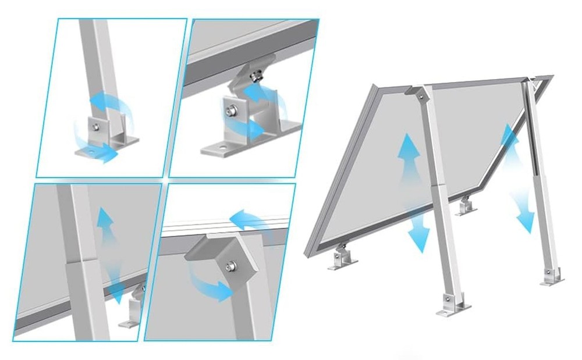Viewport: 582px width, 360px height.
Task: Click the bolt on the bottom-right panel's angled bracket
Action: click(x=231, y=266)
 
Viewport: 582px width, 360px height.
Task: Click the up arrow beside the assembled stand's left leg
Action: click(x=409, y=152)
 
